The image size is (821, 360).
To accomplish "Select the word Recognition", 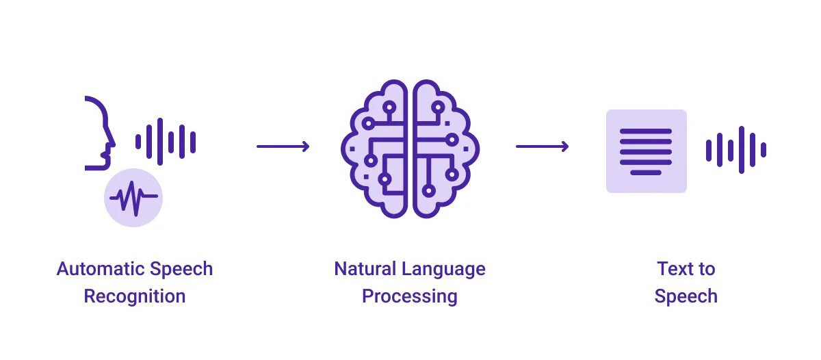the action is click(x=135, y=296).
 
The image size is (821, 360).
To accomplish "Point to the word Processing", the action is click(x=410, y=296).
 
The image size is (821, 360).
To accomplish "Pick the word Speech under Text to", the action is click(x=686, y=296).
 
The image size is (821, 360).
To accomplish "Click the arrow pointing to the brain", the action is click(x=283, y=146).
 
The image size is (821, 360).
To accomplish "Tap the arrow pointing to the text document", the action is click(x=543, y=146).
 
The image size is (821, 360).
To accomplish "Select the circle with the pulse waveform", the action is click(x=133, y=198).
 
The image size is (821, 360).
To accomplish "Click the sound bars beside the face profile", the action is click(x=166, y=142).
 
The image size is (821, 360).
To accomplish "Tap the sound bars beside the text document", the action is click(x=736, y=150).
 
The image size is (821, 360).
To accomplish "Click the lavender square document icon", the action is click(x=647, y=151).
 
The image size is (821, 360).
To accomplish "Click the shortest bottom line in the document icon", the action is click(x=646, y=172).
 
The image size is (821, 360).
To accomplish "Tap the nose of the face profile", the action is click(x=112, y=142).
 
